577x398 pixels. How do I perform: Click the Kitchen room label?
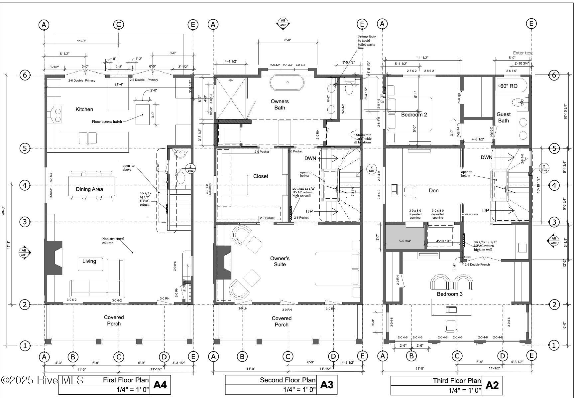[84, 109]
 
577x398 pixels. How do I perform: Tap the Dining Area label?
[89, 189]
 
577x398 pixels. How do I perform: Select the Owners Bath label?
[280, 104]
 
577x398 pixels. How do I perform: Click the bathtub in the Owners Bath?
[288, 83]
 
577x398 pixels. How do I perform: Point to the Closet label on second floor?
[260, 176]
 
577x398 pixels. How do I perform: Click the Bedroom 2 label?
[414, 114]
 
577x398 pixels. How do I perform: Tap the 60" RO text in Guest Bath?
[509, 86]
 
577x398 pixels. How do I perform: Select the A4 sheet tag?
[160, 385]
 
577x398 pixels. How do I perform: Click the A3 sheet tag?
[326, 385]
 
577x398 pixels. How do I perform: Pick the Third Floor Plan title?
[456, 380]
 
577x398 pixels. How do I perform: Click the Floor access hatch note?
[107, 121]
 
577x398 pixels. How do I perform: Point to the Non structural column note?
[113, 241]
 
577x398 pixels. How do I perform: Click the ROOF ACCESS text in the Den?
[470, 214]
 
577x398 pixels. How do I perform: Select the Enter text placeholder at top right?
[522, 53]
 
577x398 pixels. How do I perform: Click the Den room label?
[433, 190]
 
